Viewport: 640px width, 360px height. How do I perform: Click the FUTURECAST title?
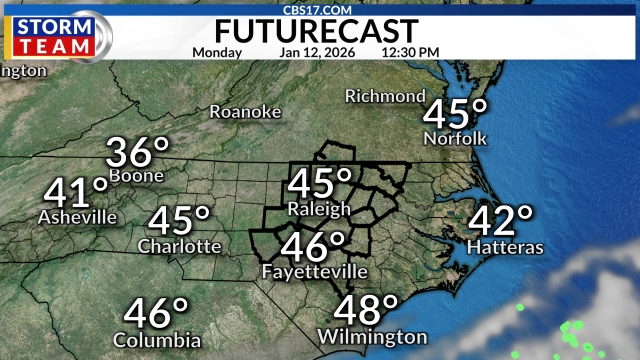tap(319, 30)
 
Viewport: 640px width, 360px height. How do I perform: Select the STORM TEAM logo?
tap(56, 34)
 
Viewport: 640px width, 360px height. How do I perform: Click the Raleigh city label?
tap(319, 209)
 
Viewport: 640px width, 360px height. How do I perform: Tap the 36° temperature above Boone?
tap(138, 153)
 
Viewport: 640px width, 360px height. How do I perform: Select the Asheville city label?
tap(76, 216)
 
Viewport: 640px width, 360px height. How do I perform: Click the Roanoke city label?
tap(245, 112)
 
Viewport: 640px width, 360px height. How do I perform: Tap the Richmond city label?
tap(385, 96)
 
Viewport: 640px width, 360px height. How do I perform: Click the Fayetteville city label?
tap(314, 271)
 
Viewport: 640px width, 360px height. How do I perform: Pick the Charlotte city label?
tap(180, 245)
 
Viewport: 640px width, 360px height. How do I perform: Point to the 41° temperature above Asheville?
tap(76, 190)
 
